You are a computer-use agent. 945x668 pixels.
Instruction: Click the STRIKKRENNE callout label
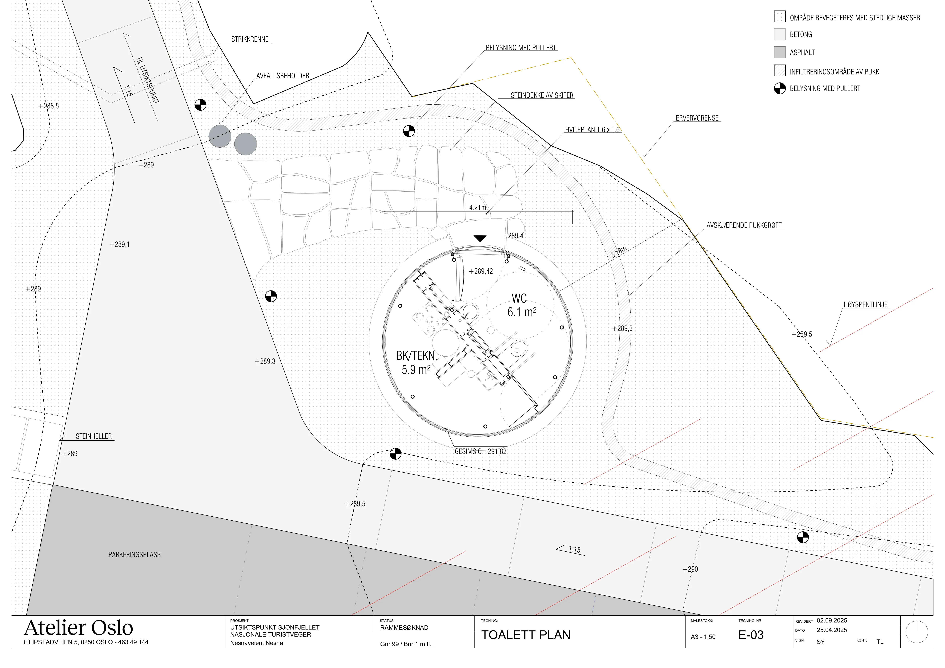click(250, 39)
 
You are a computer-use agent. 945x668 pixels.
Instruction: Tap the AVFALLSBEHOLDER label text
click(283, 76)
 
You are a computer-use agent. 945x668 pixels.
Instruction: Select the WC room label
click(519, 298)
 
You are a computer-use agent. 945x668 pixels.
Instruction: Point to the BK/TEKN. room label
click(416, 356)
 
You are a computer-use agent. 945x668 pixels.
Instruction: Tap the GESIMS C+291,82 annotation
click(480, 451)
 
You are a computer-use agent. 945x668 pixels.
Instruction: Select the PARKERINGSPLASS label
click(135, 555)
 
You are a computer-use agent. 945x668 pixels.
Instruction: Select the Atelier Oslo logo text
click(79, 628)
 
